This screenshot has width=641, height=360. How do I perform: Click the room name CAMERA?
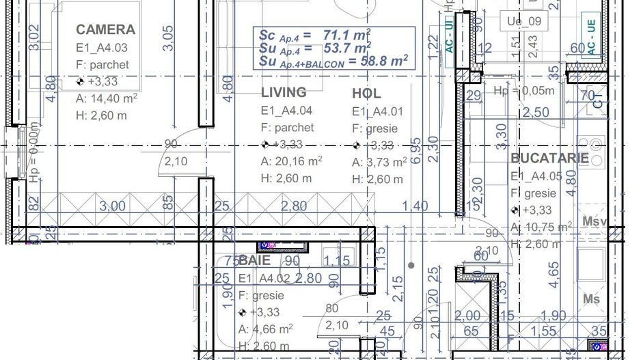[x=105, y=29]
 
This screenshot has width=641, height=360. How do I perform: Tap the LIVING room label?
[x=284, y=92]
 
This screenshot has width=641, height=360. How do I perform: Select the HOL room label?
[x=366, y=94]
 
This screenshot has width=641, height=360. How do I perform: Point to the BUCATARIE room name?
[x=549, y=158]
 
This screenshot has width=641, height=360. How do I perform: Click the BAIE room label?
[x=254, y=260]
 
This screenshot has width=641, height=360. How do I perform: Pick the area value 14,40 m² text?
[x=107, y=98]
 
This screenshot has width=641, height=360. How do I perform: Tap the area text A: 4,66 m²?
[x=265, y=329]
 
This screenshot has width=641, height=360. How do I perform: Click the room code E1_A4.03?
[x=102, y=48]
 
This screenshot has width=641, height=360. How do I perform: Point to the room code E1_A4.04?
[x=287, y=110]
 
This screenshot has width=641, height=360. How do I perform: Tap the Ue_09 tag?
[x=524, y=21]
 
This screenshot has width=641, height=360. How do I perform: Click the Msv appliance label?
[x=595, y=221]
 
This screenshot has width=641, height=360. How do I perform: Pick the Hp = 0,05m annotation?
[x=524, y=91]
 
